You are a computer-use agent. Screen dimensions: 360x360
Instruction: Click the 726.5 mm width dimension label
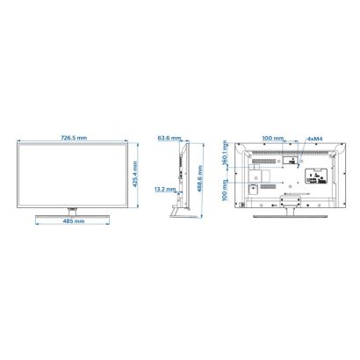pos(74,138)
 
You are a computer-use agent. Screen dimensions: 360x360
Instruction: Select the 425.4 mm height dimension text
pos(135,175)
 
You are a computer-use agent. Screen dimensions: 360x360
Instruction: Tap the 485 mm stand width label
pos(74,221)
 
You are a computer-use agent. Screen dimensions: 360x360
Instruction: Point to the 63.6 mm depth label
pos(169,138)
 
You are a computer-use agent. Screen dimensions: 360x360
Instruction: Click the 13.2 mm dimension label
pos(165,189)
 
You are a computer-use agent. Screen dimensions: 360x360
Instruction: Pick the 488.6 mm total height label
pos(200,178)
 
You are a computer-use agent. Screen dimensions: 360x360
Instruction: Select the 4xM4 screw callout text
pos(314,139)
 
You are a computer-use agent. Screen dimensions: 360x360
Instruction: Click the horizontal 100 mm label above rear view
pos(273,138)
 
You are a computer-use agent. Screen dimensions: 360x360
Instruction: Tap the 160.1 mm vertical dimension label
pos(225,153)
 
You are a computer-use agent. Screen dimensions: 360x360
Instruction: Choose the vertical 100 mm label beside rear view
pos(225,191)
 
